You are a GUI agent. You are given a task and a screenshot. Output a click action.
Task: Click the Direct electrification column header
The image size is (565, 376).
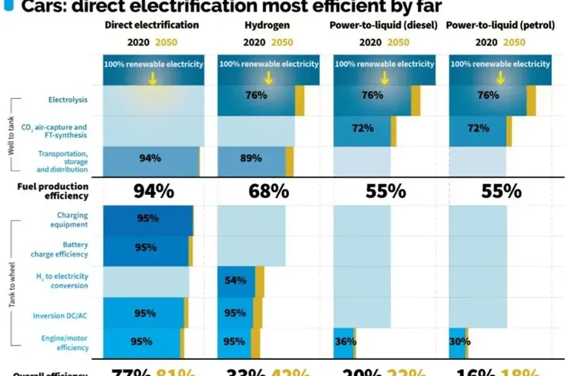click(151, 25)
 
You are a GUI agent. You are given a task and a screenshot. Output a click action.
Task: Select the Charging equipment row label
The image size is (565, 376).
click(67, 220)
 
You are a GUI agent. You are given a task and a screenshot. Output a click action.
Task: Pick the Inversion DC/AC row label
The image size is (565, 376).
click(66, 314)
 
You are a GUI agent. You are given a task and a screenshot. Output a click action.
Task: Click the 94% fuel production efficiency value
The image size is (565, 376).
click(153, 190)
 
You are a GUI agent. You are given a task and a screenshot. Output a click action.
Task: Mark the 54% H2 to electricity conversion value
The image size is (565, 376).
click(234, 281)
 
